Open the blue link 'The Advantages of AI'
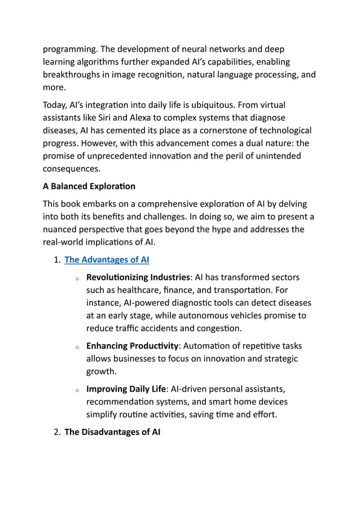(107, 260)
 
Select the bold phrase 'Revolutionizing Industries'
(138, 277)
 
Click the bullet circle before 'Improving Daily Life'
(76, 390)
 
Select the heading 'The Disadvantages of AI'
(112, 432)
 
